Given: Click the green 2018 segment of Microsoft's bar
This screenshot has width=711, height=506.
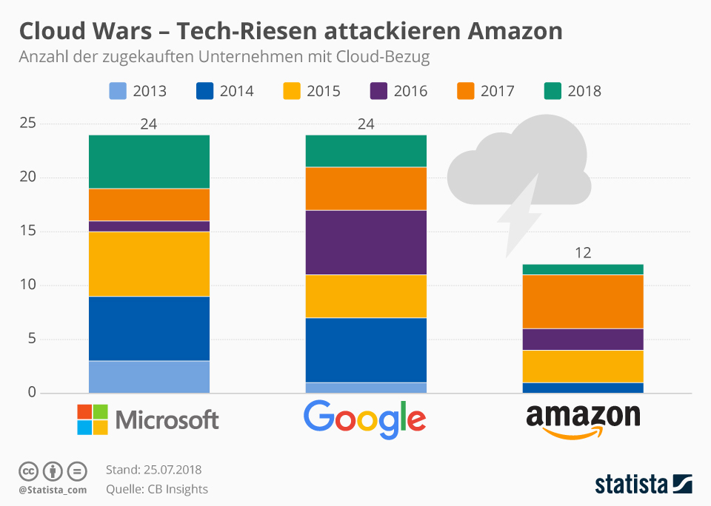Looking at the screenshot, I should (x=149, y=161).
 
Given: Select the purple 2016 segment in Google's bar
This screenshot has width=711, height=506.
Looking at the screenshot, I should (x=366, y=242).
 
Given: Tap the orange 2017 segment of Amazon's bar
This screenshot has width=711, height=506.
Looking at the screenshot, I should (x=583, y=301).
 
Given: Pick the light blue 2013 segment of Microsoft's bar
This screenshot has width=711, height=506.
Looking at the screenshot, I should (x=149, y=377).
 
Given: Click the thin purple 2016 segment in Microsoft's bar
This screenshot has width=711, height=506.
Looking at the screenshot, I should (x=149, y=226).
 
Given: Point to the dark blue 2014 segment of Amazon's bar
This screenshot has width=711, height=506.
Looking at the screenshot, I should (x=583, y=388).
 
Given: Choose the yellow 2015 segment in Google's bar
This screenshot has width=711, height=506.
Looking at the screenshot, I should (x=366, y=296).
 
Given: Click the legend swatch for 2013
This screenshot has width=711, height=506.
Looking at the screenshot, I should (x=118, y=91).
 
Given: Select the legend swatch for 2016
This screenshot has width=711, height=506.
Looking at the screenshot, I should (x=378, y=91).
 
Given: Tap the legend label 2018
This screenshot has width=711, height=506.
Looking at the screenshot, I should (x=584, y=91).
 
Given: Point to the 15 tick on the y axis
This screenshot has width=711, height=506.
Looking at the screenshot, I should (x=27, y=232).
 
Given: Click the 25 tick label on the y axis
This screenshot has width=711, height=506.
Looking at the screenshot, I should (x=27, y=124).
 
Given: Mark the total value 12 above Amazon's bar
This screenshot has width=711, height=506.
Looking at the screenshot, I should (x=583, y=253).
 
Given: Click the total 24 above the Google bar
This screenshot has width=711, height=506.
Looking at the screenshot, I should (x=366, y=124).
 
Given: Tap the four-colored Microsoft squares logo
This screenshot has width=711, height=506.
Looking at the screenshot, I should (x=93, y=419).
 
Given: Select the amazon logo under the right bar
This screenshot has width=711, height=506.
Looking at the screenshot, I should (x=583, y=419).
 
